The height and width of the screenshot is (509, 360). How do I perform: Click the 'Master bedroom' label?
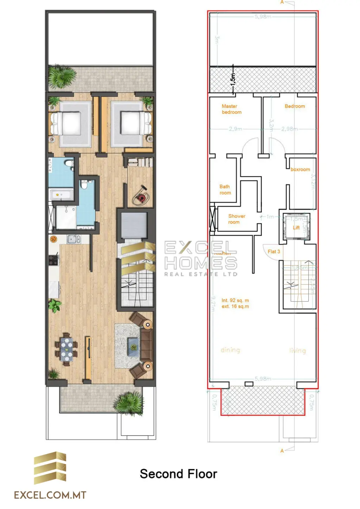click(231, 109)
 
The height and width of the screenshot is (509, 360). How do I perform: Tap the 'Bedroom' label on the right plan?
click(295, 106)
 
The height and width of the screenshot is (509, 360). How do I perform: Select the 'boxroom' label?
click(300, 169)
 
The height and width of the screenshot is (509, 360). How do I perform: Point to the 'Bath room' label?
click(225, 190)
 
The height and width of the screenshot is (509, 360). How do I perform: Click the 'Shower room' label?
click(236, 219)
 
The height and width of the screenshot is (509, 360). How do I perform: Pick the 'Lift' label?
click(296, 228)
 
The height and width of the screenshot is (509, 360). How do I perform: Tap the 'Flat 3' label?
click(274, 252)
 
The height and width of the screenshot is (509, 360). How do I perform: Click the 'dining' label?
click(230, 350)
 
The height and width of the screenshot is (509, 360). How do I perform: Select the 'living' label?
click(297, 350)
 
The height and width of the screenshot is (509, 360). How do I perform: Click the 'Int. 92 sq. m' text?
click(235, 301)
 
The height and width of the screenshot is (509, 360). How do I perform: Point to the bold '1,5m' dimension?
click(233, 79)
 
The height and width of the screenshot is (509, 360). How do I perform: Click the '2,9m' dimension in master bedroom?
click(235, 129)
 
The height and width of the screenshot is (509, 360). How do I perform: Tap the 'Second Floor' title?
click(178, 474)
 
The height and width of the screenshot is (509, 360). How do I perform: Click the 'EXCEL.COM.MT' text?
click(50, 495)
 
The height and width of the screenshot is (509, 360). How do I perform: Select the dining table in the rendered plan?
click(66, 349)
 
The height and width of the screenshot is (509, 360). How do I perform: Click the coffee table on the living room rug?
click(133, 347)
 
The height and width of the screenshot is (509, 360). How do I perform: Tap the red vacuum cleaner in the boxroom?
click(141, 198)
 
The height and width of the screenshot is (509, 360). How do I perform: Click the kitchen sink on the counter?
click(72, 239)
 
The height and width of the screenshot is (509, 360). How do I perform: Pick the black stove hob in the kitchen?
click(53, 260)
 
